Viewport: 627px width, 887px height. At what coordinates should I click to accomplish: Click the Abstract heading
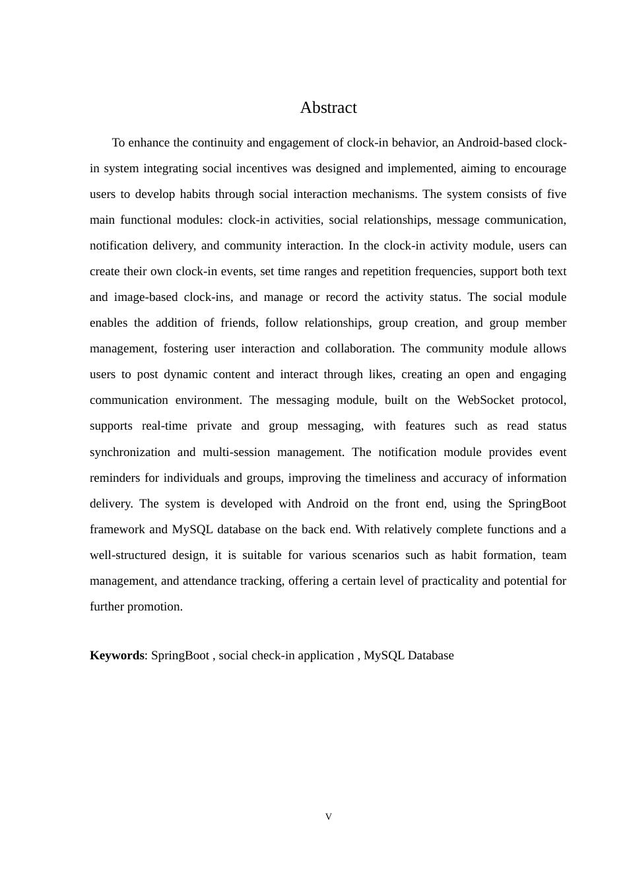[328, 108]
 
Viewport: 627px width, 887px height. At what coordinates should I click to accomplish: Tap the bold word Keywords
[116, 655]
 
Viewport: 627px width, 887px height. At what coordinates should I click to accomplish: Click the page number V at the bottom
[329, 817]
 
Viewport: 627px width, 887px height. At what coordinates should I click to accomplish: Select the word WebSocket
[485, 400]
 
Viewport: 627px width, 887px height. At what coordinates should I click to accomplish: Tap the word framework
[117, 529]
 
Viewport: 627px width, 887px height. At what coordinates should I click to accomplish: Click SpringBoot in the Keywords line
[180, 655]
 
